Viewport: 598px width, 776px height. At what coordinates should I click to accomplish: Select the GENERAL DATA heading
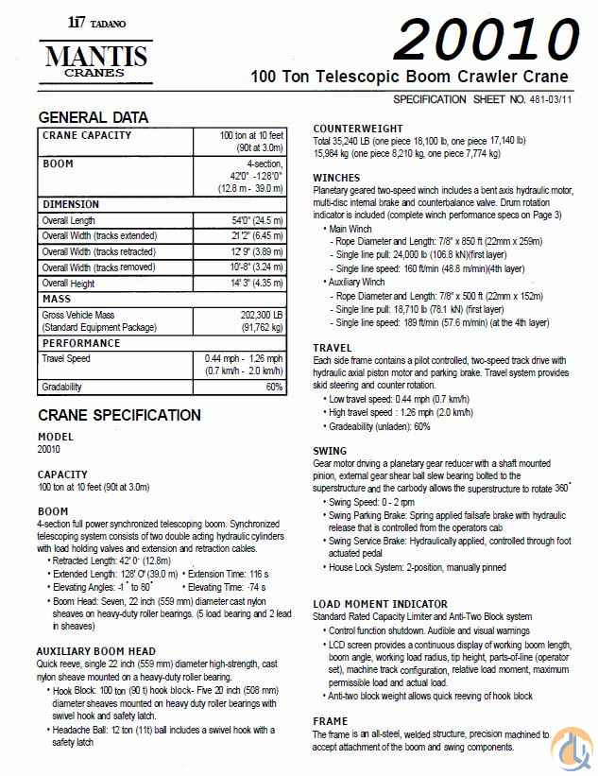93,118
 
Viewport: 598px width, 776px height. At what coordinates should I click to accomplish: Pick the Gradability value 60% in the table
274,387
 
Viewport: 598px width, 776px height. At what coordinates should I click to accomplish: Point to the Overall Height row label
68,283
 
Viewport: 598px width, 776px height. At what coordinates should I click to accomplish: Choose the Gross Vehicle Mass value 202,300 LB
248,315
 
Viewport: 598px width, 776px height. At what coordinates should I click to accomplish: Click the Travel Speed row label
66,358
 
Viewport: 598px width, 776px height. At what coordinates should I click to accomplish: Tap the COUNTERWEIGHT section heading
358,129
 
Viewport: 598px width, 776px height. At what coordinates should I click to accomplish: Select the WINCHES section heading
336,178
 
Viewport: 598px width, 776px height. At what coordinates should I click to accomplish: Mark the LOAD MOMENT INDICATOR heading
380,604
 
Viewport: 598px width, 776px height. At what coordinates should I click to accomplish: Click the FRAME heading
331,721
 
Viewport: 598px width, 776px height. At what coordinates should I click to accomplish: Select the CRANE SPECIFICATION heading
119,416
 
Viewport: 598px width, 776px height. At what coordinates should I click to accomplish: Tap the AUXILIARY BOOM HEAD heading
96,651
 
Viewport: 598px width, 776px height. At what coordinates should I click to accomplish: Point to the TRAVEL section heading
333,348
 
